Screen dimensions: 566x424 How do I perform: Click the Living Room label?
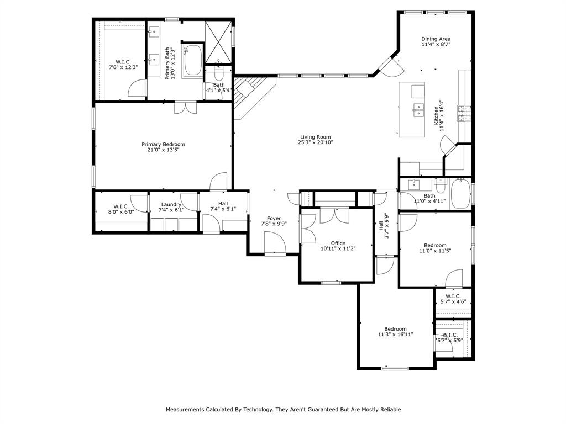316,137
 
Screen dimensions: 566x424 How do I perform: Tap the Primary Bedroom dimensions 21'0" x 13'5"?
163,150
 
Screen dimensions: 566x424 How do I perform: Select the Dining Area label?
436,39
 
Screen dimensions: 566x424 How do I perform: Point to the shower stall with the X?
218,42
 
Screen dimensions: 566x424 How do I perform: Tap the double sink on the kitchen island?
418,110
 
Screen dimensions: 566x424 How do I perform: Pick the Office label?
338,243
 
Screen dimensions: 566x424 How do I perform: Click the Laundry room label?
171,204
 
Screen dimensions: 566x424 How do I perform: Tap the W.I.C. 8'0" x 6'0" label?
121,209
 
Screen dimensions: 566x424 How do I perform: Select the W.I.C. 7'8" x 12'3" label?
123,65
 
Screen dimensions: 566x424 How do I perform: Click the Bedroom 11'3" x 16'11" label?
395,332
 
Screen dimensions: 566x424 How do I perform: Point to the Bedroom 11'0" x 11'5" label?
435,248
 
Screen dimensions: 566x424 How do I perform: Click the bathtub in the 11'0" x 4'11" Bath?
460,194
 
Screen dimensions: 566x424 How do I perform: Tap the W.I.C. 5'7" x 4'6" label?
453,299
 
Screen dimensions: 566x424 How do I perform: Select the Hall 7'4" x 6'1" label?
223,206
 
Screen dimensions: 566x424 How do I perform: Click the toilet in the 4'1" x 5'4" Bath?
219,73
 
